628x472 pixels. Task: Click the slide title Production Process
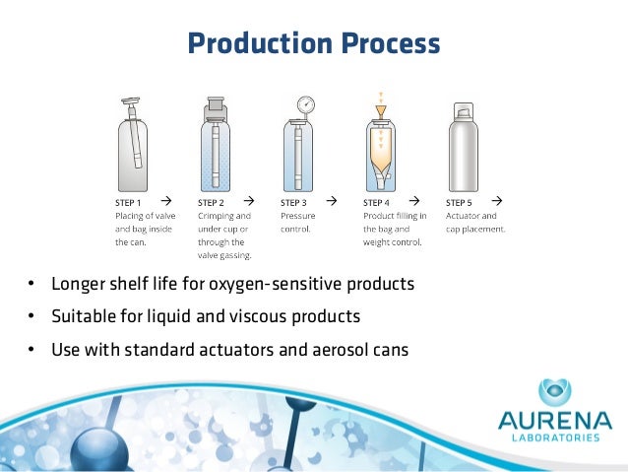[x=313, y=43]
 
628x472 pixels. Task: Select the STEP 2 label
[x=214, y=202]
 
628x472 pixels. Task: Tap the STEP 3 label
[x=296, y=202]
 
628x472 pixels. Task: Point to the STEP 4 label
[x=380, y=202]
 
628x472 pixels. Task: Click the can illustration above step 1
[x=133, y=148]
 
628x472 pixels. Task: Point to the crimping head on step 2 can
[x=216, y=109]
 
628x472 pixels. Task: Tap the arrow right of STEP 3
[x=332, y=201]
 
